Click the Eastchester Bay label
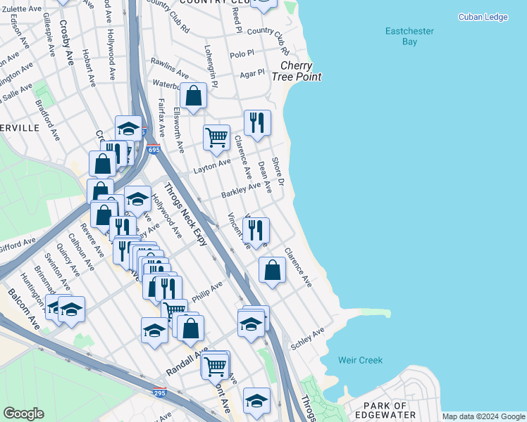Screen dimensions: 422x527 (x=409, y=37)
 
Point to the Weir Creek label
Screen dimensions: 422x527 (x=360, y=360)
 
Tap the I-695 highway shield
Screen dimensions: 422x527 (x=154, y=149)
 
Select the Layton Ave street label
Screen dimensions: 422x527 (x=213, y=164)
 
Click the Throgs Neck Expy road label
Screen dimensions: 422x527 (x=185, y=214)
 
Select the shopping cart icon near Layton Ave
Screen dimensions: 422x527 (x=216, y=136)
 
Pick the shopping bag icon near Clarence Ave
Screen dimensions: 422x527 (x=272, y=269)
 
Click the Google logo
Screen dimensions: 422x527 (x=23, y=414)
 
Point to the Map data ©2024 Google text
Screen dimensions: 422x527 (x=483, y=416)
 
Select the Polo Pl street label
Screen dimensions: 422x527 (x=242, y=53)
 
